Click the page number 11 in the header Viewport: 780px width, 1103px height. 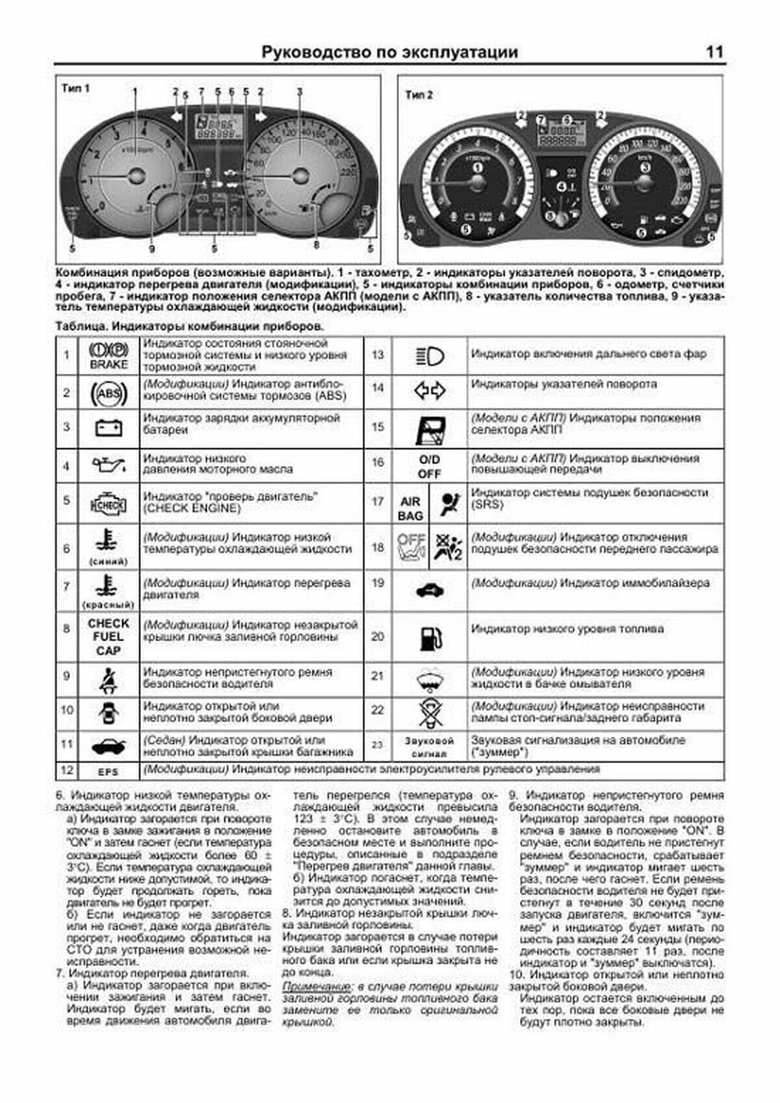pos(714,53)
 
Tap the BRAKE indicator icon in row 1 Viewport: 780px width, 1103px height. pos(109,356)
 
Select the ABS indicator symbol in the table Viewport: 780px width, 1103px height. pos(109,393)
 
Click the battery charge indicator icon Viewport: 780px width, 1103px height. pos(109,428)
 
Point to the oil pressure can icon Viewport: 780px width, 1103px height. pos(109,465)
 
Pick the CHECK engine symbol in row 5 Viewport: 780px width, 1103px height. pos(109,503)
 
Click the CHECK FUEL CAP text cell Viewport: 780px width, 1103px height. pos(109,637)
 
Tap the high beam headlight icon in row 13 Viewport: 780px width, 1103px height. pos(429,356)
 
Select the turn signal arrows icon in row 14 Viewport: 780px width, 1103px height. pos(429,390)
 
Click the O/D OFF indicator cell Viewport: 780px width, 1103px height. pos(429,467)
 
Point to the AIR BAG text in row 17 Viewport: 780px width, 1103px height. pos(411,508)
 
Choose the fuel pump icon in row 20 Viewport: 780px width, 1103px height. pos(429,638)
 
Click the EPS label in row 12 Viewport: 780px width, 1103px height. pos(108,772)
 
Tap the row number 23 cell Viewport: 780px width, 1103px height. pos(378,745)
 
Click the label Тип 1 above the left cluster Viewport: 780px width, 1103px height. pos(75,88)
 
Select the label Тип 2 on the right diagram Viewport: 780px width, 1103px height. pos(419,95)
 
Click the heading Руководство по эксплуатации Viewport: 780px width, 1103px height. pos(389,53)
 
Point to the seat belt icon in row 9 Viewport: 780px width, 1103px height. pos(109,681)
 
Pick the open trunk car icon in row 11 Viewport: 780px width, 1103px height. pos(109,746)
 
